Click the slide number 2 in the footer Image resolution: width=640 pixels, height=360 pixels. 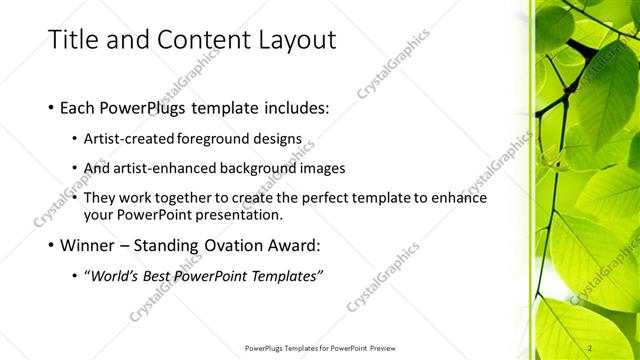click(x=590, y=347)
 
